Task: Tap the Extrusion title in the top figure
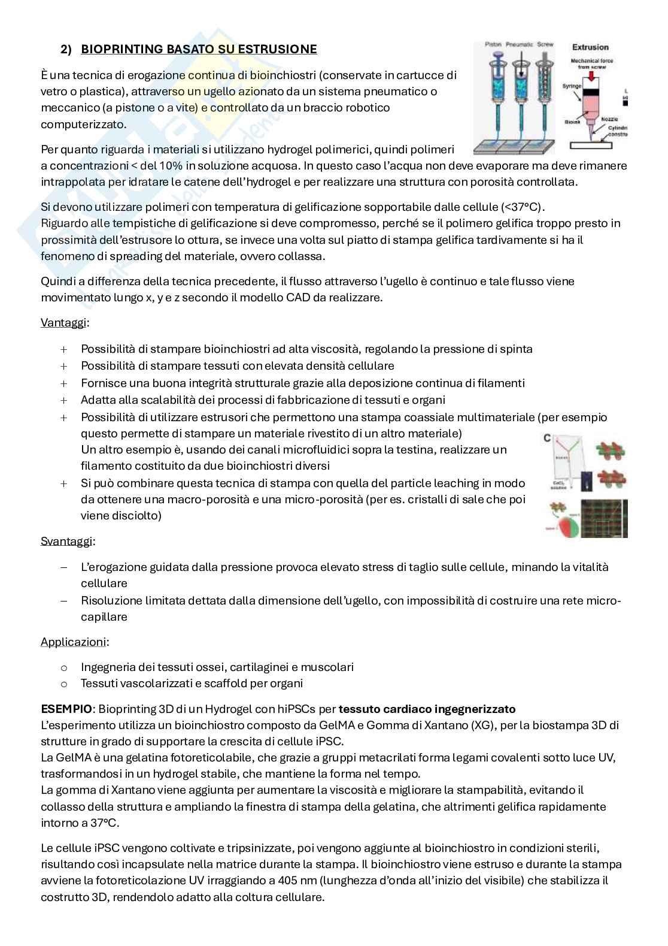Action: coord(590,47)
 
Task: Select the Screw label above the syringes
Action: coord(545,44)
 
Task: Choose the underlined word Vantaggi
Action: coord(63,322)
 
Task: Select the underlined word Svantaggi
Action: coord(67,541)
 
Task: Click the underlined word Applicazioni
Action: coord(73,642)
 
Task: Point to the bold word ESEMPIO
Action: coord(66,709)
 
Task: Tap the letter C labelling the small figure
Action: coord(547,438)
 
